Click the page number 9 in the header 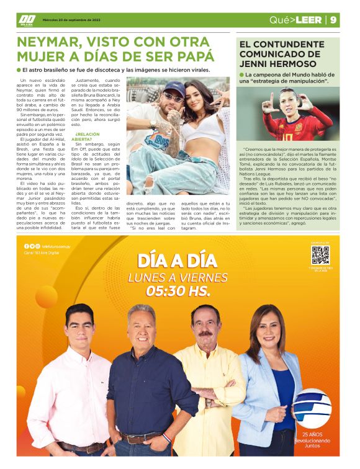point(334,20)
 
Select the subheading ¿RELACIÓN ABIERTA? point(89,137)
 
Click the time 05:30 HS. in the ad point(178,290)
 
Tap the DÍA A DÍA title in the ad point(178,259)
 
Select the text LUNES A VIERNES point(178,277)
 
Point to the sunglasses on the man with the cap point(173,97)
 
